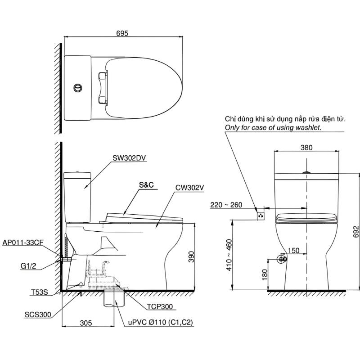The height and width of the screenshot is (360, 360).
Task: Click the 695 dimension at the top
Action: click(122, 33)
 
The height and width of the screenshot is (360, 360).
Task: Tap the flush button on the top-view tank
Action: click(78, 88)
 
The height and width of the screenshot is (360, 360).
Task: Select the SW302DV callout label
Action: click(129, 158)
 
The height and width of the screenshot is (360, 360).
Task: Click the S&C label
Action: click(146, 185)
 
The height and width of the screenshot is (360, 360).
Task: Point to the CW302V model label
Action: click(189, 188)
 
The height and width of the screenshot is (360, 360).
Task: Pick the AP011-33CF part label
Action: click(23, 243)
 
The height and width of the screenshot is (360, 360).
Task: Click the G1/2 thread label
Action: click(28, 266)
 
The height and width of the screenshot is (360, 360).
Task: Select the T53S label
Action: click(40, 292)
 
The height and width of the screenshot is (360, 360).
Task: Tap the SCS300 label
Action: click(38, 315)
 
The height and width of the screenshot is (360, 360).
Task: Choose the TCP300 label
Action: click(160, 306)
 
